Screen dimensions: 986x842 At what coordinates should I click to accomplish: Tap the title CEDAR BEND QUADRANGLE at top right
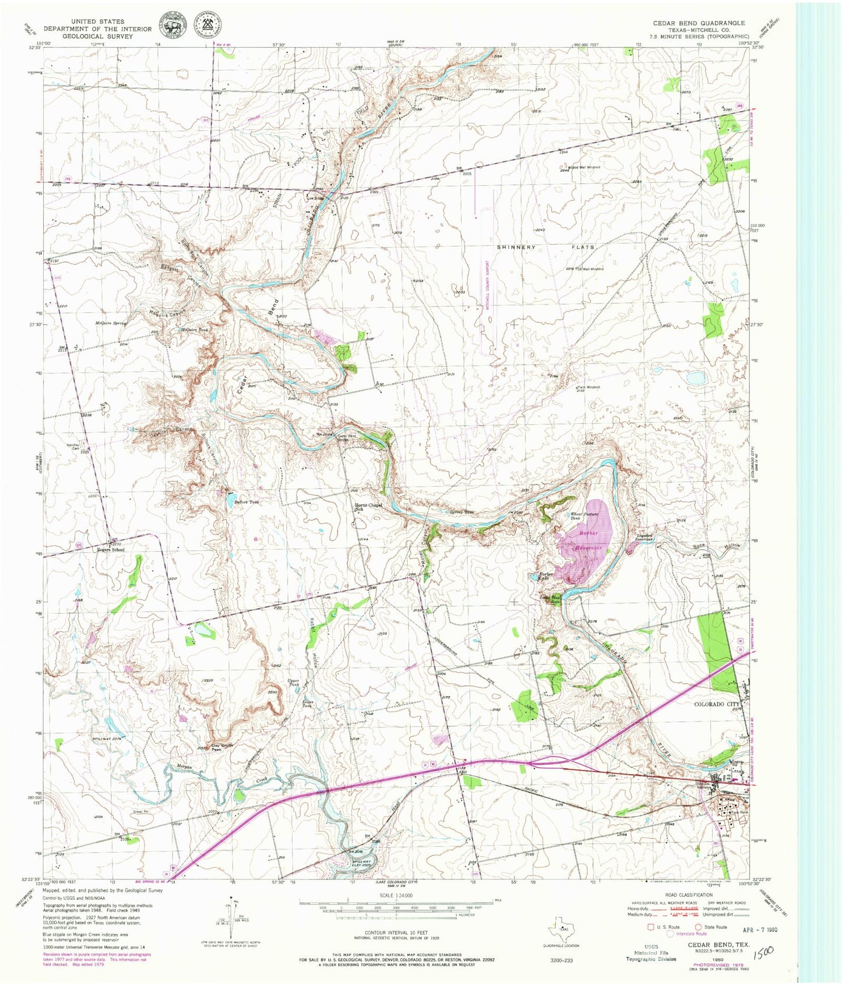coord(698,23)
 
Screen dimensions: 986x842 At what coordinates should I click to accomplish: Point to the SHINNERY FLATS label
coord(545,247)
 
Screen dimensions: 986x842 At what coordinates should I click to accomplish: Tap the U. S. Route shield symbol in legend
coord(651,927)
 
